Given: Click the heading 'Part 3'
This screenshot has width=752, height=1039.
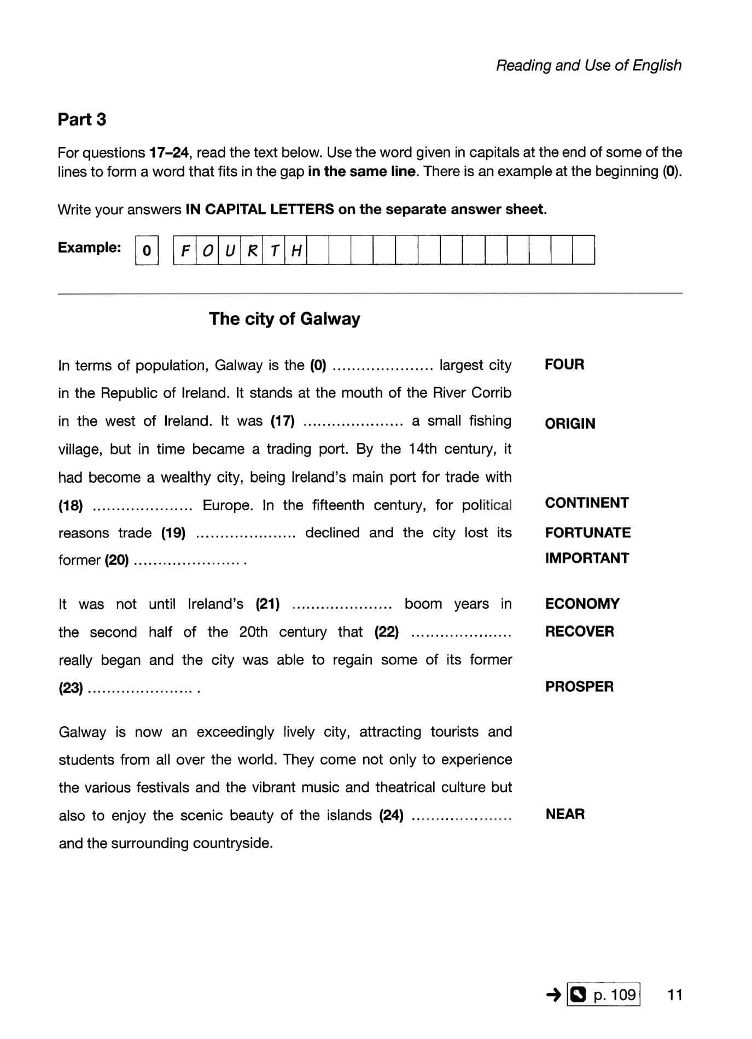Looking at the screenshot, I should tap(81, 119).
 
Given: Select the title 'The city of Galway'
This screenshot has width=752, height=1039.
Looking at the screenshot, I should tap(284, 319).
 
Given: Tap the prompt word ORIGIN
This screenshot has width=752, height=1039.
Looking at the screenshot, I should tap(569, 424).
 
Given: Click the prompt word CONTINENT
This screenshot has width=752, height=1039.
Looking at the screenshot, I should tap(586, 503).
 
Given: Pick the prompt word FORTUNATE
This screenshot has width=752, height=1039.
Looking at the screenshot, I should tap(587, 533).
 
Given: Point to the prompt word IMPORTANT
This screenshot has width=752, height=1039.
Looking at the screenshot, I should tap(586, 558).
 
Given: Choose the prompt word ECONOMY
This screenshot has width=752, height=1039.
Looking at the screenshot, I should tap(582, 604).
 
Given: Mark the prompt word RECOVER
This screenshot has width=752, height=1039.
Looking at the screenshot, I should tap(579, 632).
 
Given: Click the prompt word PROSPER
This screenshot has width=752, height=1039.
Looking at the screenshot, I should tap(579, 687).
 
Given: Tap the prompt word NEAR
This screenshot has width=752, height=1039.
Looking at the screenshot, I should tap(565, 814).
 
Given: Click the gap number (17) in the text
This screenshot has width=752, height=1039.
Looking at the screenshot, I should tap(282, 421).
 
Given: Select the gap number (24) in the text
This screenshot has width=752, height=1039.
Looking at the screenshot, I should tap(391, 816).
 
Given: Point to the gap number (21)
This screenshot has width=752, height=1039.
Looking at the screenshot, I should tap(267, 604).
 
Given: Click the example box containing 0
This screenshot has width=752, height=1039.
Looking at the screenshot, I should tap(147, 250).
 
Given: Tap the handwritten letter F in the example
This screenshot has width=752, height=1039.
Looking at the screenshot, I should tap(185, 250).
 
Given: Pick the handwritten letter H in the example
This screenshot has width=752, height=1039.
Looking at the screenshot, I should tap(296, 250).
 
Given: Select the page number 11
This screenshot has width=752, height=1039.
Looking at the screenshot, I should tap(675, 994).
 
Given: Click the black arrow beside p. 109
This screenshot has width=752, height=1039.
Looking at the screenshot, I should tap(553, 994).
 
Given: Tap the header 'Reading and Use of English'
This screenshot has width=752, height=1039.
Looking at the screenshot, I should tap(588, 66).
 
